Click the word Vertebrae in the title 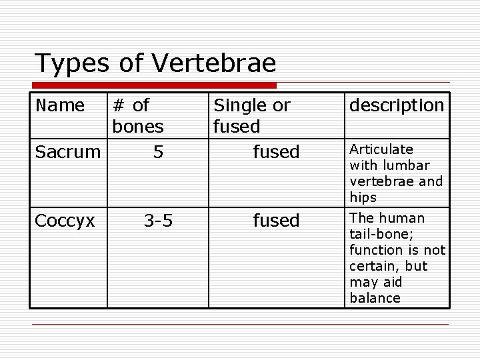point(214,63)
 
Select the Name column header point(60,105)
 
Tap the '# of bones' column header point(138,115)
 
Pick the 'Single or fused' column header point(251,115)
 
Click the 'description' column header point(397,105)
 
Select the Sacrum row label point(67,152)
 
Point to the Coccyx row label point(65,220)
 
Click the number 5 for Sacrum point(158,152)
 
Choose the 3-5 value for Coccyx point(158,220)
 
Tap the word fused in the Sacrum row point(276,152)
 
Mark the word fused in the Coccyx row point(276,220)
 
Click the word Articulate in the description point(381,149)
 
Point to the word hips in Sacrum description point(363,197)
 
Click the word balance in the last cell point(375,298)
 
